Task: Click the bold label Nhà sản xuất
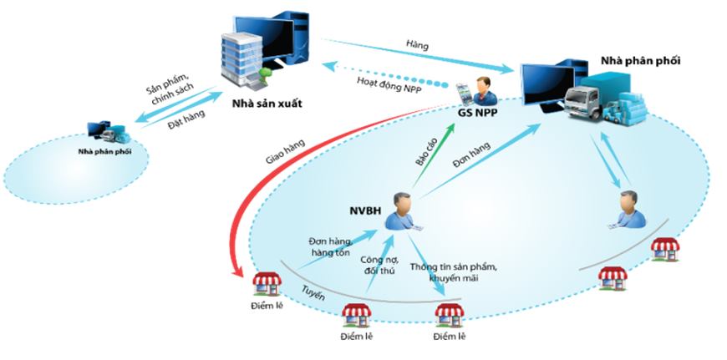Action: [266, 104]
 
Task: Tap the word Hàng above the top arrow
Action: [416, 45]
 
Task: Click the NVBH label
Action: [365, 211]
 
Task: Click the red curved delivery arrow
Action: [251, 192]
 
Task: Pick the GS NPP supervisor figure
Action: [481, 89]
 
